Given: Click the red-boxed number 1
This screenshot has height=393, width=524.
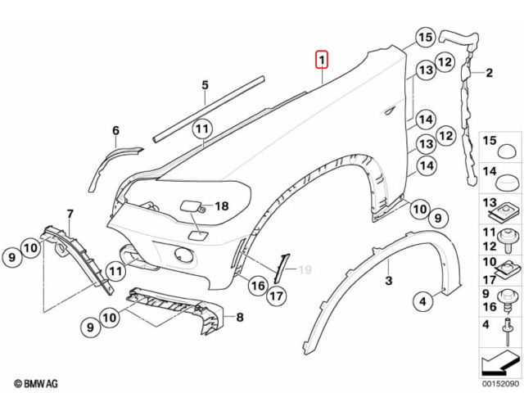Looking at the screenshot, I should click(323, 60).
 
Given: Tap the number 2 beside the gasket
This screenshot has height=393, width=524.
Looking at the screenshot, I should click(489, 74).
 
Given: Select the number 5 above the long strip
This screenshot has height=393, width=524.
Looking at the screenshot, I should click(206, 85).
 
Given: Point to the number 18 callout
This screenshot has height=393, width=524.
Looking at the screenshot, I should click(221, 207).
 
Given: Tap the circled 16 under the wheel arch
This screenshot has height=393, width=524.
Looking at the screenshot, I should click(257, 286).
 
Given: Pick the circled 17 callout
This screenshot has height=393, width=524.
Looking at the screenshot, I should click(276, 296).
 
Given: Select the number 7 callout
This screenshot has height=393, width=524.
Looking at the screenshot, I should click(70, 215).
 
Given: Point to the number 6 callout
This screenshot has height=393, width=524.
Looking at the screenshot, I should click(115, 130).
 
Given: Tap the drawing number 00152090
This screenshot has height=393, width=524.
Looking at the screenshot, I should click(499, 383).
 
